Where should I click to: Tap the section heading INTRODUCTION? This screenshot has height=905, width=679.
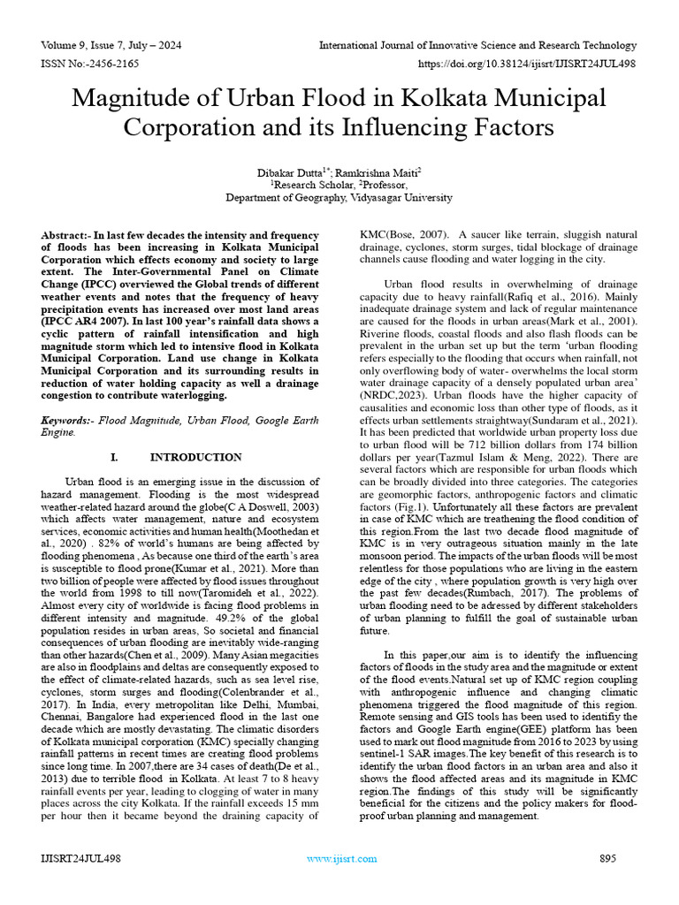tap(195, 457)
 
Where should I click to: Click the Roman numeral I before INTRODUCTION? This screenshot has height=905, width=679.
tap(113, 457)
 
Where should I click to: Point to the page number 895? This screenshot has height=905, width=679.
tap(607, 858)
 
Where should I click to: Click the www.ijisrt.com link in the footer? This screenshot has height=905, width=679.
tap(337, 858)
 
